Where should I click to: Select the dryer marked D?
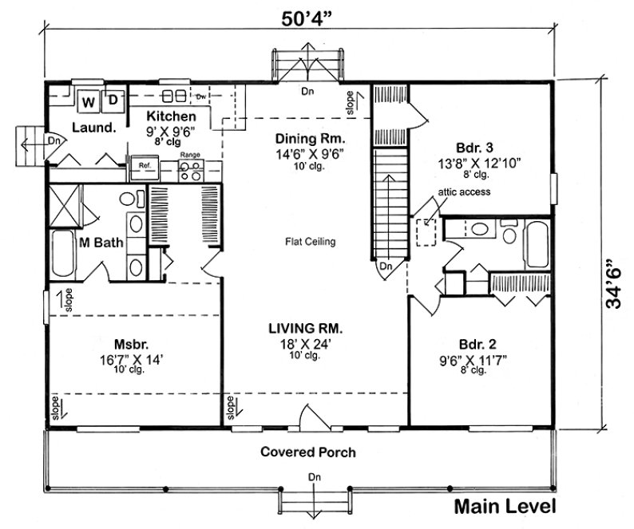click(113, 101)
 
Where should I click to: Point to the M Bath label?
click(101, 243)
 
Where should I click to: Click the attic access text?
click(464, 192)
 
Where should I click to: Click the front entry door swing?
click(309, 416)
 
